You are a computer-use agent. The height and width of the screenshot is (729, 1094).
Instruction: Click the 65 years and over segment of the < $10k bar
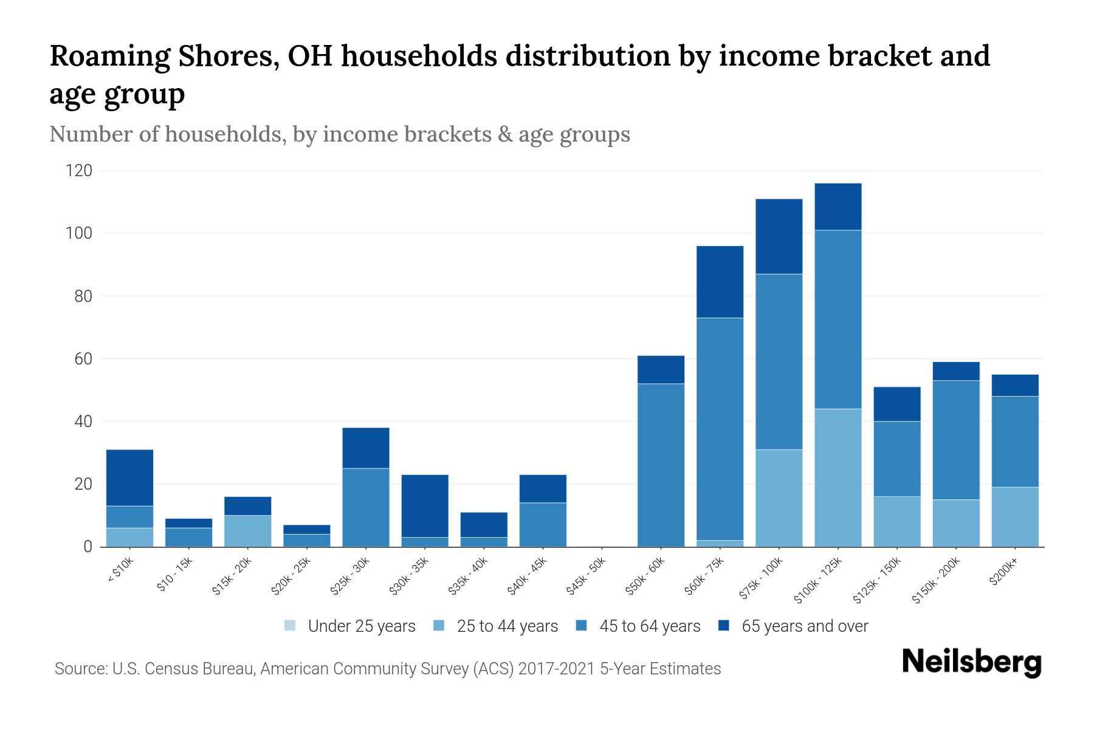[x=129, y=477]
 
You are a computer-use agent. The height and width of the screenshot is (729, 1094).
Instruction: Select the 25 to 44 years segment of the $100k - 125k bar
[x=838, y=477]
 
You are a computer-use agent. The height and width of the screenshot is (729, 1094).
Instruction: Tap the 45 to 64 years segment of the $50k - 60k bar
[x=661, y=465]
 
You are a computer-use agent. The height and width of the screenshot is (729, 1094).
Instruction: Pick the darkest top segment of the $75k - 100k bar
[x=779, y=236]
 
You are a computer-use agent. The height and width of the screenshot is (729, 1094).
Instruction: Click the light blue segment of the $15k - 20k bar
[x=247, y=531]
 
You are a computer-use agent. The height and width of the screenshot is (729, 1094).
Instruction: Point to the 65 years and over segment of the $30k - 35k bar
[x=425, y=505]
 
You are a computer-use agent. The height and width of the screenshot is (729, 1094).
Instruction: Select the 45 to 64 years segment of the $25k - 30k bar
[x=366, y=507]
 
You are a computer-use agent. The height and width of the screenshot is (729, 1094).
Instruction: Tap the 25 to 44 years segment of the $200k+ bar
[x=1015, y=516]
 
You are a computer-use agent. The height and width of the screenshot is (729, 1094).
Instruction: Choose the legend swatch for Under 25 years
[x=290, y=626]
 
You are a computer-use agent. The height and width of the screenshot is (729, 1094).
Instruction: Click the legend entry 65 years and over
[x=804, y=626]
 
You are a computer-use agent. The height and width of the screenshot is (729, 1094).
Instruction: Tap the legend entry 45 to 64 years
[x=649, y=626]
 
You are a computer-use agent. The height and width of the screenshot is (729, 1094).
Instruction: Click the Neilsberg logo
[x=971, y=662]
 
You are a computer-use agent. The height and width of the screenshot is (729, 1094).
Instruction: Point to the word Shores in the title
[x=229, y=56]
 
